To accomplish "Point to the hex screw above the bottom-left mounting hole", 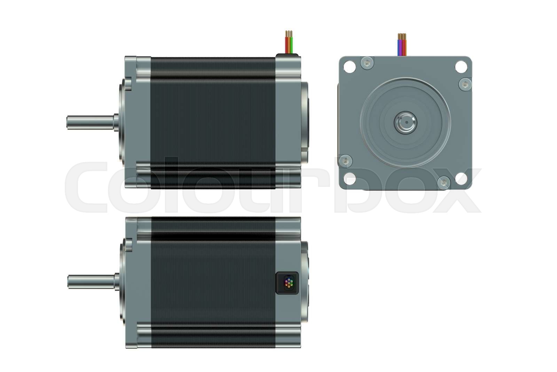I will [x=345, y=160].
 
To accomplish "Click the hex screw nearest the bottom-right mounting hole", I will [x=443, y=182].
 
